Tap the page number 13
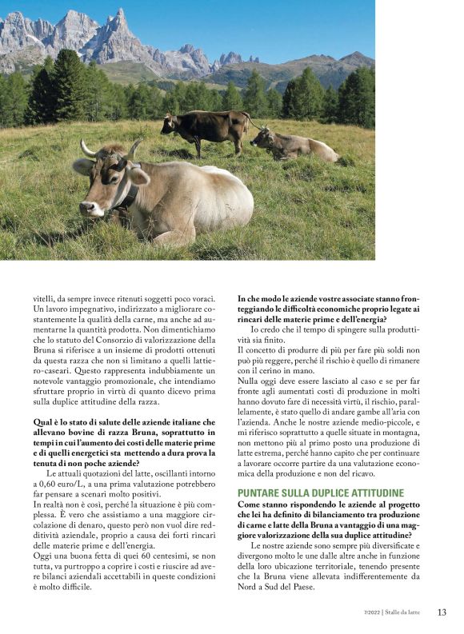(x=442, y=612)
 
